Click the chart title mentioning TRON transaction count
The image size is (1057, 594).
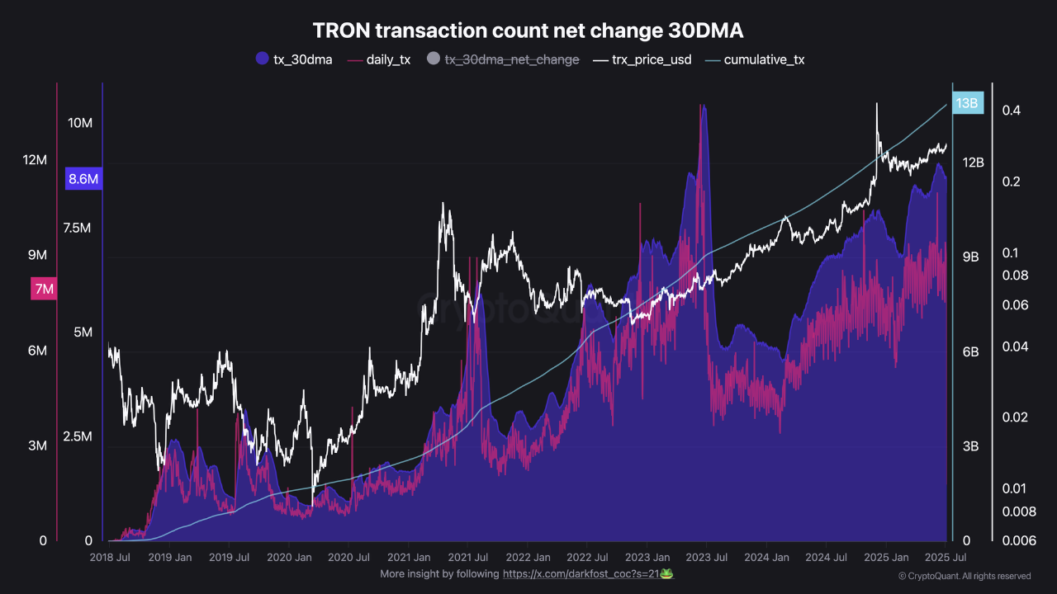(x=528, y=31)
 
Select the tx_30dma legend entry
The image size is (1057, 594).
(x=294, y=59)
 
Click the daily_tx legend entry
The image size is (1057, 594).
(x=379, y=59)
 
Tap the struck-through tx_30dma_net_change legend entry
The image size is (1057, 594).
(x=503, y=59)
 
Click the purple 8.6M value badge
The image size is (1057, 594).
(x=83, y=179)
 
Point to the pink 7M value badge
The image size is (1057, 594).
(x=43, y=289)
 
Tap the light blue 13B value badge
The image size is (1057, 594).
(x=966, y=104)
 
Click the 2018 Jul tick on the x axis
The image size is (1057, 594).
(x=111, y=558)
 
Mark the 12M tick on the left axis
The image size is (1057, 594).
(x=35, y=160)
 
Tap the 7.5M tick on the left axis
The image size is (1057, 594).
(x=77, y=228)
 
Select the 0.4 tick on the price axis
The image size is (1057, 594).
(x=1012, y=111)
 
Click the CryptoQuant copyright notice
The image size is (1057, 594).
(x=964, y=576)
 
